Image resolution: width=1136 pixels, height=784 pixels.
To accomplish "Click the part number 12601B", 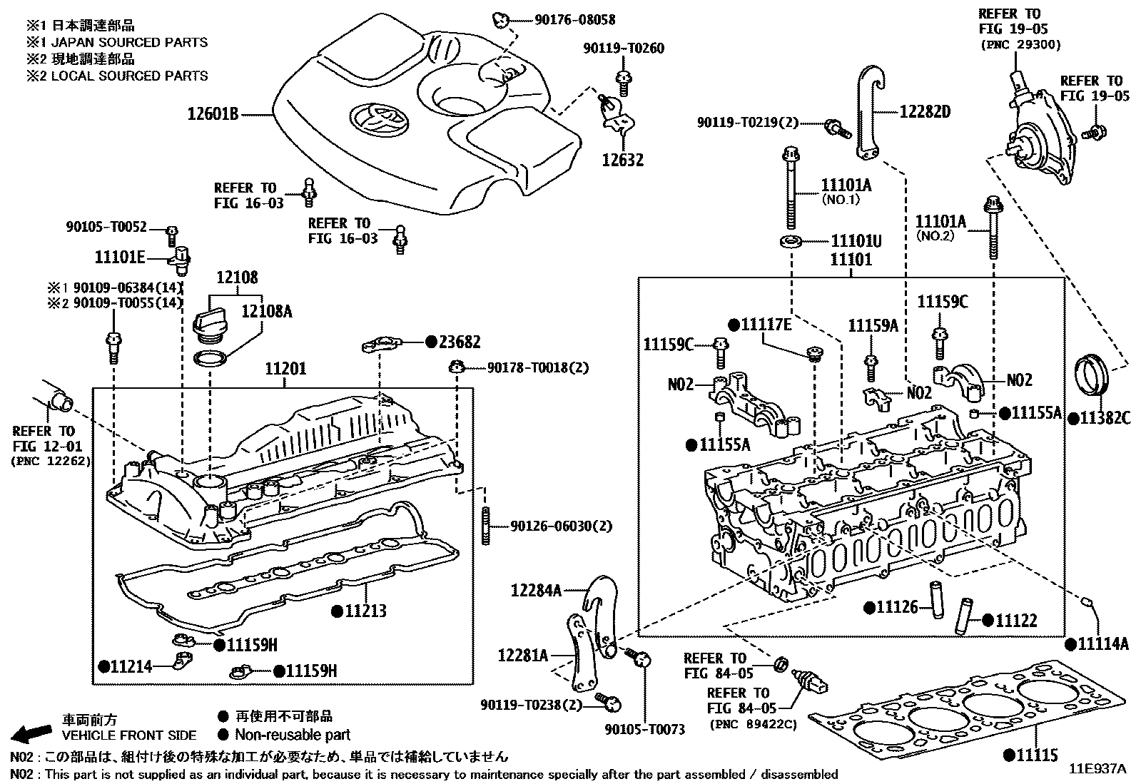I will point(213,113).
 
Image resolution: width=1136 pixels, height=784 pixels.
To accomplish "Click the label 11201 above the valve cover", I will point(285,369).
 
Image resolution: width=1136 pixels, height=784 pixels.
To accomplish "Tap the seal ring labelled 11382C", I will point(1091,373).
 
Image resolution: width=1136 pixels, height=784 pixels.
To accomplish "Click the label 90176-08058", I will point(574,20).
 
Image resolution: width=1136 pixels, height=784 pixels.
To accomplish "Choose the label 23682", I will point(460,342).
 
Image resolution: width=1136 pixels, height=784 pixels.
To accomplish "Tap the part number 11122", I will point(1016,621).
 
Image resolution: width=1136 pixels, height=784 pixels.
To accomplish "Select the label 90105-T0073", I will point(644,729).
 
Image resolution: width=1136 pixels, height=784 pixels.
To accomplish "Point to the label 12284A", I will point(536,590).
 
